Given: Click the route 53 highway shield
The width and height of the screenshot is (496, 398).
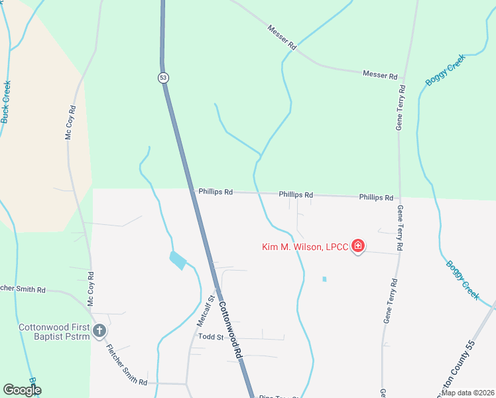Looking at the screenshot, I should coord(163,78).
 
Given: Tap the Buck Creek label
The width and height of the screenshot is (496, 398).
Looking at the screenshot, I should coord(6,101).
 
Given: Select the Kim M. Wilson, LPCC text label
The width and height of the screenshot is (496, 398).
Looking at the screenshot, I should coord(304,247).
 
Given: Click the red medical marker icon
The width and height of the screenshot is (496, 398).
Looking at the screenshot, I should coord(358,247).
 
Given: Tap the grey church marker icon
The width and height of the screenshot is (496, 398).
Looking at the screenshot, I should coord(99,330).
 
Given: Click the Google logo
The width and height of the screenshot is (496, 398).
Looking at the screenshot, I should coord(22,390).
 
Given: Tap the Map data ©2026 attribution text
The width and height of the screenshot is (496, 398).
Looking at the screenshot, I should coord(467,393).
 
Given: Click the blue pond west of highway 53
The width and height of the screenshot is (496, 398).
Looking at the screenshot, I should coord(178,260).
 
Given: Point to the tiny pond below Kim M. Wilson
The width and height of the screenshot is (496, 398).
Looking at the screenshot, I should coord(324,279).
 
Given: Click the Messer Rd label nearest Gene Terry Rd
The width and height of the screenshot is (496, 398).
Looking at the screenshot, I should coord(379,75).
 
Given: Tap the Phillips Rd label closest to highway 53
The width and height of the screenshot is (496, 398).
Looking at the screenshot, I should coord(216,192).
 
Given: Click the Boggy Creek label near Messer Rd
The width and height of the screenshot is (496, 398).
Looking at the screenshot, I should coord(445,70).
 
